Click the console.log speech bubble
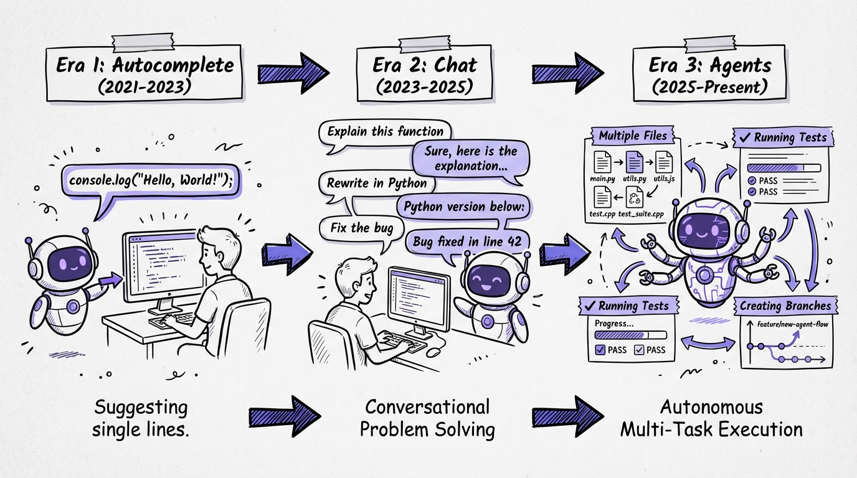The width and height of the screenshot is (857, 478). click(149, 182)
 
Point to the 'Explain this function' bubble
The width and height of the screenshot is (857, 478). click(385, 131)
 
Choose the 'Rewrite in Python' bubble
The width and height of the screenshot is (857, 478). click(377, 183)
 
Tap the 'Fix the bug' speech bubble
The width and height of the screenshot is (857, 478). click(358, 227)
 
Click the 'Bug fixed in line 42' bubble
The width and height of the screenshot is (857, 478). click(468, 241)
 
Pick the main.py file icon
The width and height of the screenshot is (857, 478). click(602, 162)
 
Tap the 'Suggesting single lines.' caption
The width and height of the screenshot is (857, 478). click(141, 418)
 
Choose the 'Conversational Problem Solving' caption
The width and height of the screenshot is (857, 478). click(427, 418)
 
